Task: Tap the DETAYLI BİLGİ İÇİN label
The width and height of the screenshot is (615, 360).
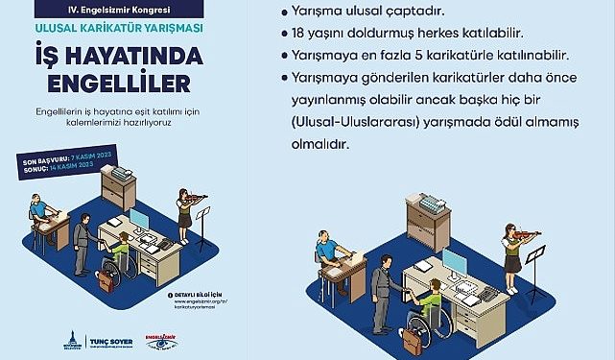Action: (x=204, y=293)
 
